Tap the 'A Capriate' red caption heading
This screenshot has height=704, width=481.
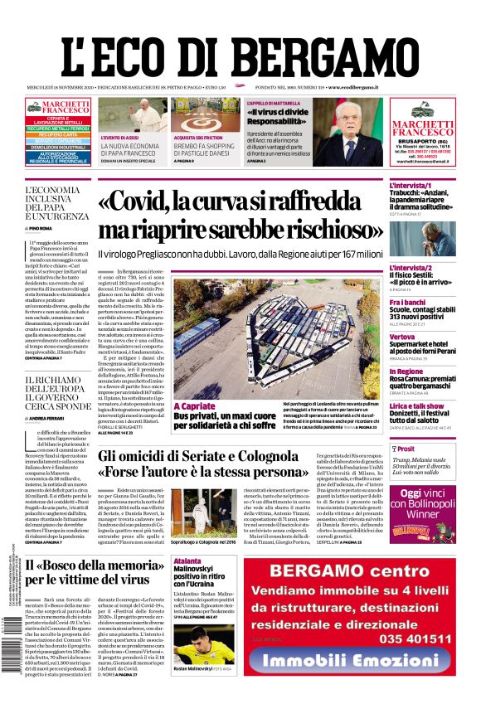tap(193, 406)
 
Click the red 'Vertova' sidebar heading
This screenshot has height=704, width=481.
tap(403, 337)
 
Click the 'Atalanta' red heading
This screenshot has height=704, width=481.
tap(189, 561)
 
